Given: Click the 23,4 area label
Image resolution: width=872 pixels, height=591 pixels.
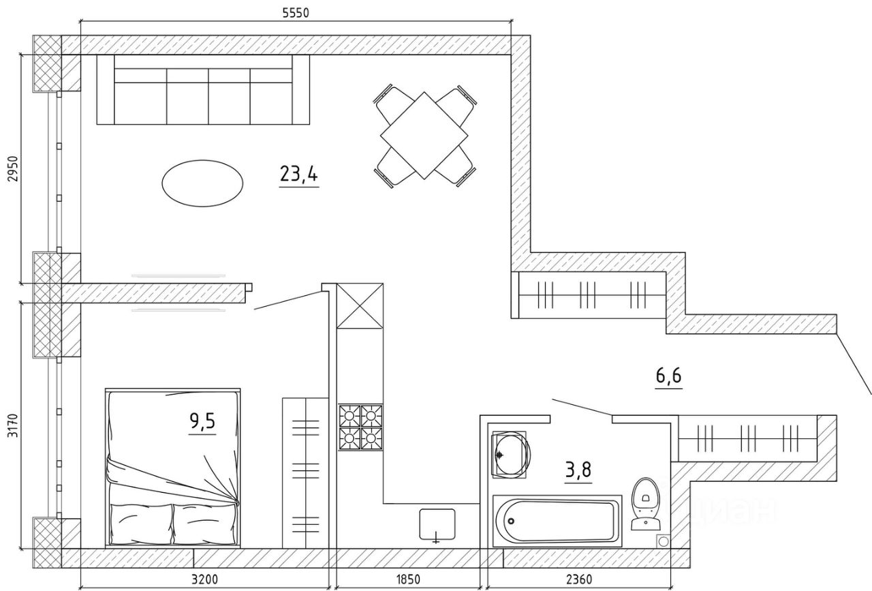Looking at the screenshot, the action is click(x=298, y=175).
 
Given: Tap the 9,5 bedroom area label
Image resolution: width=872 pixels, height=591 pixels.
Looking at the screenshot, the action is click(x=202, y=422).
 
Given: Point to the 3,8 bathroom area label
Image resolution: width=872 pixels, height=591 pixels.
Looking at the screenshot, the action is click(x=578, y=470).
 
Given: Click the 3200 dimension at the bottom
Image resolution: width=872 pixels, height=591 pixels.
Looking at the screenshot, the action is click(x=204, y=581).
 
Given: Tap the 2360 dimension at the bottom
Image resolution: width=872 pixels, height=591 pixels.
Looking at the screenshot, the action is click(x=578, y=581).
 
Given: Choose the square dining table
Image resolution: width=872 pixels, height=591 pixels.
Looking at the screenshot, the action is click(x=423, y=135).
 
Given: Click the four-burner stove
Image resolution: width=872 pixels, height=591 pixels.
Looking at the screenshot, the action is click(x=360, y=427).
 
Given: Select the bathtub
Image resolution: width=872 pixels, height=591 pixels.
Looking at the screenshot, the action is click(x=557, y=519).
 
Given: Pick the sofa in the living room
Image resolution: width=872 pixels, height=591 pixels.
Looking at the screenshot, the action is click(x=203, y=90).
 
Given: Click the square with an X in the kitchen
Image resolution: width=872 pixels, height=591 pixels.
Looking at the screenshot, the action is click(x=360, y=305).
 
